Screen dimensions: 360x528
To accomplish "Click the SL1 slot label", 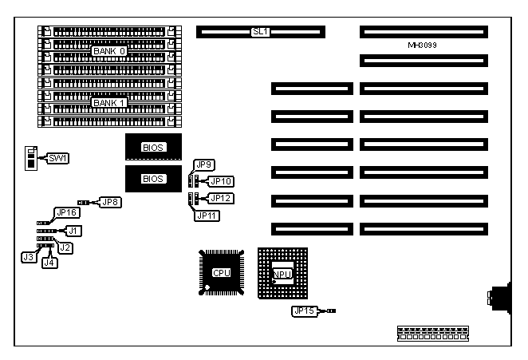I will [260, 32].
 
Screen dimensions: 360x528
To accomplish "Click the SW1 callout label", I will [58, 158].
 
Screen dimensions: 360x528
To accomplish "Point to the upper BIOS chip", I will [152, 147].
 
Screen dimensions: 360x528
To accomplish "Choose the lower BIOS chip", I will [152, 179].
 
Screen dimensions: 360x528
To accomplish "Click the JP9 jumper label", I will [205, 165].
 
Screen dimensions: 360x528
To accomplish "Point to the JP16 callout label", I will [65, 213].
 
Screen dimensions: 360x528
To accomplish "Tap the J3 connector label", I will [28, 256].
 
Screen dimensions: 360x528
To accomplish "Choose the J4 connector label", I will [49, 262].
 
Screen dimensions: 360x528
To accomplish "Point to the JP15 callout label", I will [305, 311].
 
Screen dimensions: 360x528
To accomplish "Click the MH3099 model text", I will [422, 46].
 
